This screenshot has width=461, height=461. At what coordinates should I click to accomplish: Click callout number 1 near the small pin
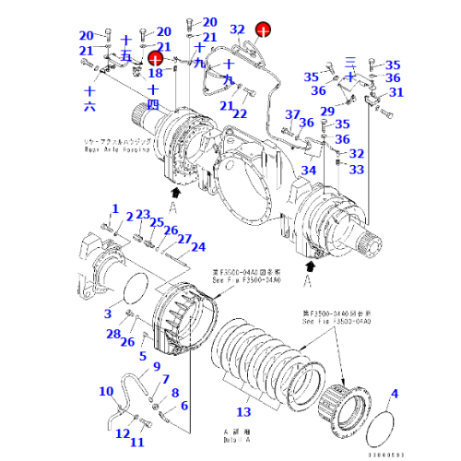point(115,208)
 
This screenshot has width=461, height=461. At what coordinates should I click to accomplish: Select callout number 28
point(112,334)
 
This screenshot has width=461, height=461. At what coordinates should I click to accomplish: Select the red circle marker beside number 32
point(264,30)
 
